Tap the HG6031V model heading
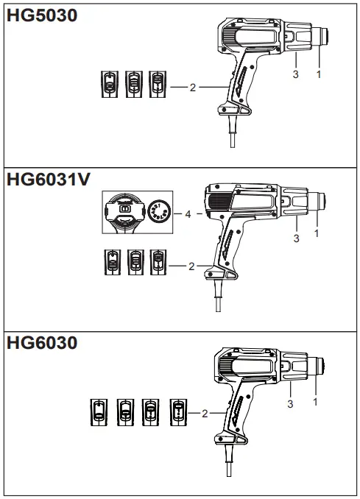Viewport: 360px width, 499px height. [49, 180]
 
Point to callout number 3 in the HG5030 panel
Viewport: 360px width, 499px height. [296, 74]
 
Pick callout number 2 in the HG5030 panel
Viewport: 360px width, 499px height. [192, 87]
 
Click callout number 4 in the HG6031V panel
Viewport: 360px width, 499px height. [188, 214]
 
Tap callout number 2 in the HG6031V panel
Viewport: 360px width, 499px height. [191, 266]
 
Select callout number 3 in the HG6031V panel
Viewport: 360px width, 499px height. [296, 238]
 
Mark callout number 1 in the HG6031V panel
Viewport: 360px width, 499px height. [317, 234]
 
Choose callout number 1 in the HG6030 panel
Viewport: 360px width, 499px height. [316, 401]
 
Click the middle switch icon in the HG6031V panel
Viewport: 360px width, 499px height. [135, 263]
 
